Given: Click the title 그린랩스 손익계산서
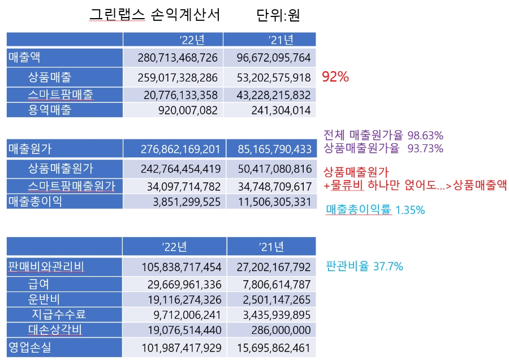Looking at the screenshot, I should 155,15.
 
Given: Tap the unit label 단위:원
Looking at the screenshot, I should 278,15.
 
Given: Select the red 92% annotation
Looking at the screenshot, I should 335,77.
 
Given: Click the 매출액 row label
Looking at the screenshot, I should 24,57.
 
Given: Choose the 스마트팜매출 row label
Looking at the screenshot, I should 61,94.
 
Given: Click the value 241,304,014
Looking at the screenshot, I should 282,110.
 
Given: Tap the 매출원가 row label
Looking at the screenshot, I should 29,149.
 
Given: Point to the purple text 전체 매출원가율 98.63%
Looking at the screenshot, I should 383,135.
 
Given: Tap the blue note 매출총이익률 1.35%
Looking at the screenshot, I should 376,211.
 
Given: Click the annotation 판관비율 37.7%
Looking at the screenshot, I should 364,265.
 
